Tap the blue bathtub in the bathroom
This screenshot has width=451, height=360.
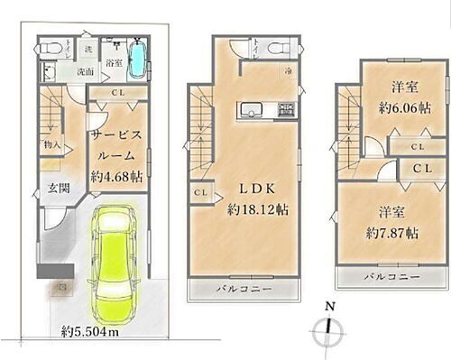click(137, 60)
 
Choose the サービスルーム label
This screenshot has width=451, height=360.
click(116, 143)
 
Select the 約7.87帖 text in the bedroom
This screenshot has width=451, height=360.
click(389, 232)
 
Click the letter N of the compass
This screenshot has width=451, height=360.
click(331, 306)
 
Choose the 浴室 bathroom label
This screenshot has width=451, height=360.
click(113, 62)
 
